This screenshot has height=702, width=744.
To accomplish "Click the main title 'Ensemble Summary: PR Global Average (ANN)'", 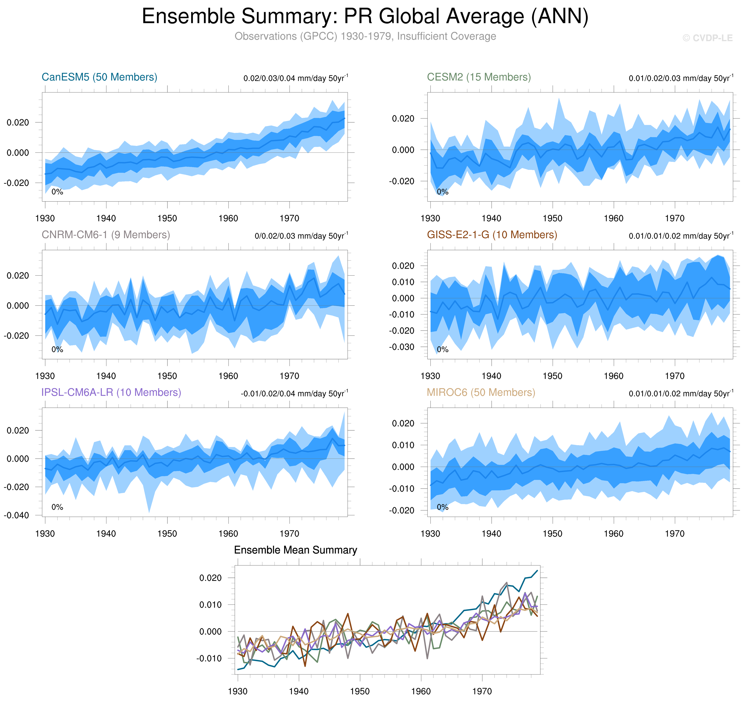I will click(365, 16).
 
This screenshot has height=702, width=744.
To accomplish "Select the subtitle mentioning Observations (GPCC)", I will click(365, 36).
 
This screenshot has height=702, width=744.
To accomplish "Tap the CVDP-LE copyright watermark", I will click(707, 38).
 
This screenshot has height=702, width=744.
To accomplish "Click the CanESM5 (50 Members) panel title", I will click(99, 77).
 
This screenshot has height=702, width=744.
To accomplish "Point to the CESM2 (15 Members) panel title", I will click(479, 77).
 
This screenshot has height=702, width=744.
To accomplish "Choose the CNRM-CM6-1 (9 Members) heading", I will click(106, 235).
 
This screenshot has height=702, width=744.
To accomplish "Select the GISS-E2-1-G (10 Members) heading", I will click(492, 235).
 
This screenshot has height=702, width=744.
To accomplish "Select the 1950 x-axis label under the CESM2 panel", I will click(552, 218).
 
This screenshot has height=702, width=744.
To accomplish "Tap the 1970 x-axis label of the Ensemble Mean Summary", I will click(482, 691).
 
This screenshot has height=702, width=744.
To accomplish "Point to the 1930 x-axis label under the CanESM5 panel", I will click(45, 218).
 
